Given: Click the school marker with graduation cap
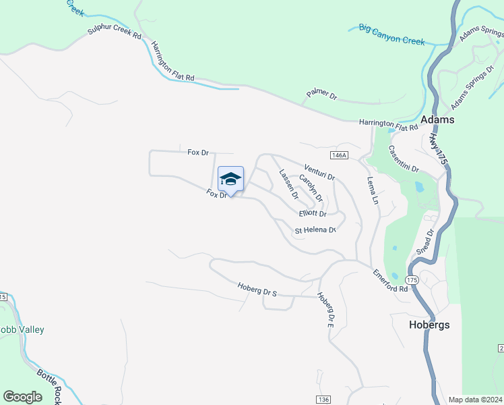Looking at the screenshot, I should tap(230, 180).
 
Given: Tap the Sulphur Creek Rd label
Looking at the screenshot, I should tap(114, 34).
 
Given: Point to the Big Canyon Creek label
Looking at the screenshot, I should tap(391, 34).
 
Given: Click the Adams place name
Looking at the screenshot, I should tap(437, 119).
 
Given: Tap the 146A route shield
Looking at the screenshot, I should tap(341, 156).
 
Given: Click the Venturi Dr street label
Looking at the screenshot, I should tap(319, 172).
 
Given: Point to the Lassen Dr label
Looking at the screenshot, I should tap(288, 184).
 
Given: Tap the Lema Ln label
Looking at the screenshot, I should tap(372, 190).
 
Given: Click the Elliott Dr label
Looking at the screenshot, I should tap(313, 214).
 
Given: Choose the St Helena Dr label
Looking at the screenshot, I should tap(315, 230).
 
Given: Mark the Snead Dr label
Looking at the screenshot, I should tap(424, 240).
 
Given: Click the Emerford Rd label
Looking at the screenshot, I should tap(391, 280).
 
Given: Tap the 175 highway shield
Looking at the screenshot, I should tap(413, 279).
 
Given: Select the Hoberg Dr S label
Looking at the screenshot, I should tap(257, 290).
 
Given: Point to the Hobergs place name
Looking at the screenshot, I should tap(429, 325).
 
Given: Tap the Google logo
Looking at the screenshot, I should tap(22, 397).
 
